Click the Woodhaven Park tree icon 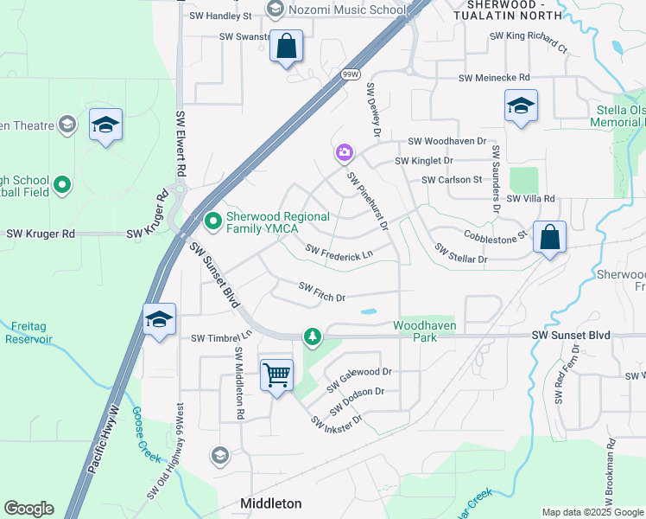pyautogui.click(x=311, y=336)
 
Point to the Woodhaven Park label pyautogui.click(x=423, y=330)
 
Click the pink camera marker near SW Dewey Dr pyautogui.click(x=344, y=153)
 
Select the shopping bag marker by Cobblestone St pyautogui.click(x=549, y=236)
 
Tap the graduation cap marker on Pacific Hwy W pyautogui.click(x=159, y=320)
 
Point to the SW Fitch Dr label pyautogui.click(x=322, y=291)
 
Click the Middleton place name pyautogui.click(x=270, y=503)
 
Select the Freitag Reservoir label pyautogui.click(x=36, y=333)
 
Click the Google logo pyautogui.click(x=28, y=509)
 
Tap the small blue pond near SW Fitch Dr pyautogui.click(x=368, y=311)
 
